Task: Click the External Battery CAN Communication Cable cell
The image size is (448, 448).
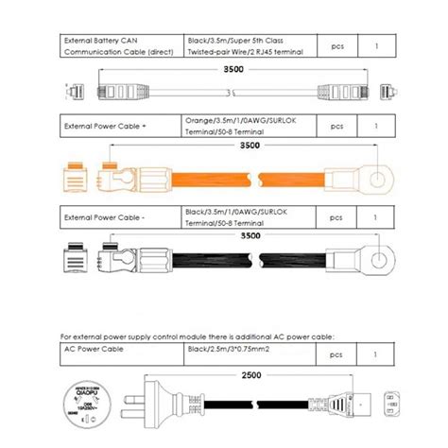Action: pos(120,47)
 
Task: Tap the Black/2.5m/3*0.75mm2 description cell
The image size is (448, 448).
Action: pos(247,353)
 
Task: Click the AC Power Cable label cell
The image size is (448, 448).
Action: pos(120,353)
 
